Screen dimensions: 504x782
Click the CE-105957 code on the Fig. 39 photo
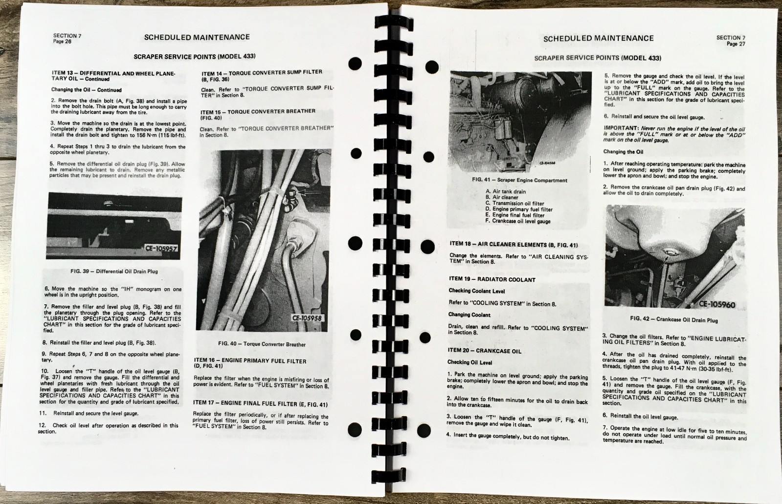pyautogui.click(x=162, y=248)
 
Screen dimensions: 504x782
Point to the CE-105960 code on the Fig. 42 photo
pyautogui.click(x=716, y=304)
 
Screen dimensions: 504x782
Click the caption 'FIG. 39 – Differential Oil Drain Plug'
pyautogui.click(x=114, y=271)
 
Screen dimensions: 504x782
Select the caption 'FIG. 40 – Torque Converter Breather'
pyautogui.click(x=262, y=344)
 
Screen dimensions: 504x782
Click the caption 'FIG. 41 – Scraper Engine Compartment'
pyautogui.click(x=519, y=180)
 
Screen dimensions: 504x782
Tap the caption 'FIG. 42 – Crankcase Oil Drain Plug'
pyautogui.click(x=674, y=319)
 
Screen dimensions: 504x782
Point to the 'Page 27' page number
pyautogui.click(x=736, y=44)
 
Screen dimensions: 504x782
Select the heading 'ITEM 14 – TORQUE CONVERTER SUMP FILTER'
pyautogui.click(x=262, y=72)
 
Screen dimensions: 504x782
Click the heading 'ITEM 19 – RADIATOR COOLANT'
pyautogui.click(x=492, y=279)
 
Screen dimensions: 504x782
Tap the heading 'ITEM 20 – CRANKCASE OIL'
pyautogui.click(x=485, y=351)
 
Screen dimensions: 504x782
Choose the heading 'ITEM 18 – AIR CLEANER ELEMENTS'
pyautogui.click(x=513, y=244)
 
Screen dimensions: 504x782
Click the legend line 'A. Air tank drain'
pyautogui.click(x=506, y=191)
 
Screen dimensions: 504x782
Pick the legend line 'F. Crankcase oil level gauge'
pyautogui.click(x=518, y=221)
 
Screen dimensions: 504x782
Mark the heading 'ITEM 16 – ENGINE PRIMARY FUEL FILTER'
pyautogui.click(x=250, y=361)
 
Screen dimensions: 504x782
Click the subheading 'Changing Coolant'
pyautogui.click(x=469, y=315)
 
